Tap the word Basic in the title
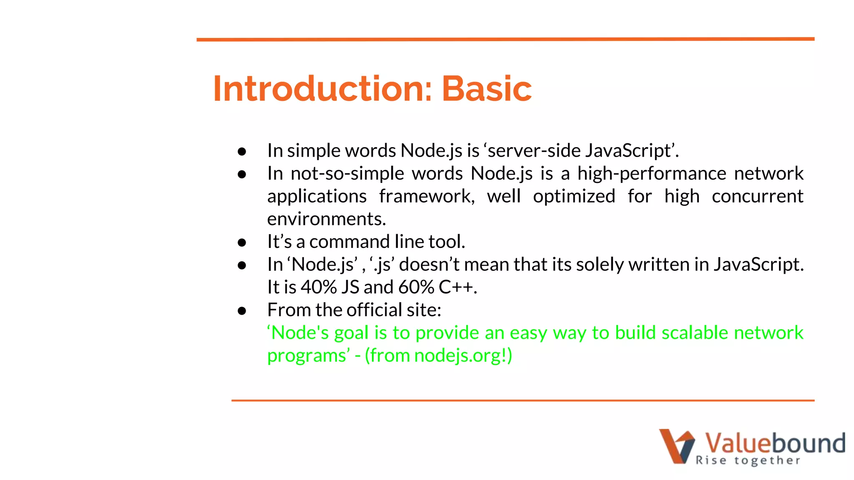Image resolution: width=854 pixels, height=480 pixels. click(x=486, y=89)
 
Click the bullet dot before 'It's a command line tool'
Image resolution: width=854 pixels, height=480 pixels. click(x=242, y=242)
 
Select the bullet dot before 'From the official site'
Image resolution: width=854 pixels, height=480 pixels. click(x=242, y=311)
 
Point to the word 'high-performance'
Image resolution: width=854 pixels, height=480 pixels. click(x=651, y=173)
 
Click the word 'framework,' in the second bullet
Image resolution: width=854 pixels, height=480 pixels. click(x=427, y=196)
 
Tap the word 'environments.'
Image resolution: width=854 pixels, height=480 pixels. click(x=327, y=219)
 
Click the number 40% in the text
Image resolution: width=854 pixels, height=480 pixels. click(x=319, y=287)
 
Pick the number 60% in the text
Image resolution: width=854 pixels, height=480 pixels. click(x=416, y=287)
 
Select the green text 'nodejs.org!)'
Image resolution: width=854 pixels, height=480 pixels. click(x=463, y=356)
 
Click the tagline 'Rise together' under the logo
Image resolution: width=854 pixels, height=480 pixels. click(x=748, y=460)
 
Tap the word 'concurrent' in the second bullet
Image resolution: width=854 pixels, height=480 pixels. click(x=757, y=196)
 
